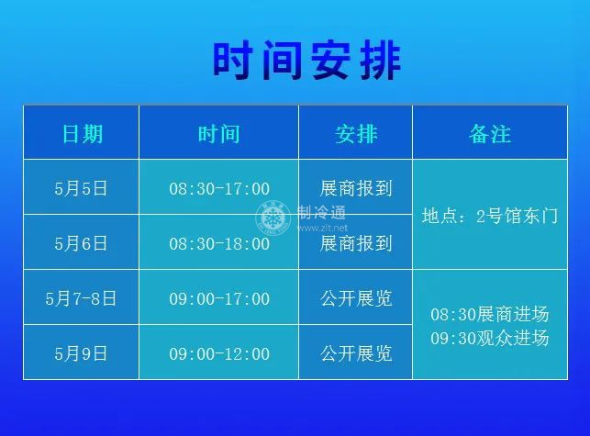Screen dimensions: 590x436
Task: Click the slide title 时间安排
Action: pos(306,61)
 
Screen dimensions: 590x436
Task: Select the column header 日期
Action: pos(82,134)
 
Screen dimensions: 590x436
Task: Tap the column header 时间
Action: pos(219,134)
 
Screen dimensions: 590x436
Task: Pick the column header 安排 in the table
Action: pos(356,134)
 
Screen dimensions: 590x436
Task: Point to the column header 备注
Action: pos(490,134)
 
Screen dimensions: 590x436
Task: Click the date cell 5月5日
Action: pos(81,188)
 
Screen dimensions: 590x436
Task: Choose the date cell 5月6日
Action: pos(81,243)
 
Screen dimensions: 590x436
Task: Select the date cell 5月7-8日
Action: pos(81,298)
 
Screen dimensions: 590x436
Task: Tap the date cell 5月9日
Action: pos(81,353)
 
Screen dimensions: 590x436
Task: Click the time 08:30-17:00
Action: pos(219,189)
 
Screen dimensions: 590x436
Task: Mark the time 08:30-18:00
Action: pos(219,244)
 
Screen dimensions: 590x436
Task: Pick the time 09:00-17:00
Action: pos(219,299)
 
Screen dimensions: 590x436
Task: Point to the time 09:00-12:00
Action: pos(219,354)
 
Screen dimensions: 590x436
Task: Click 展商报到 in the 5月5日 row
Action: pos(356,188)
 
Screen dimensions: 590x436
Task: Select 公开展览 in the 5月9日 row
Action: pos(356,353)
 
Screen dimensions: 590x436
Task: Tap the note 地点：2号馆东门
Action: pos(490,216)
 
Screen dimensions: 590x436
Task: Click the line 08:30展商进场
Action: pos(490,314)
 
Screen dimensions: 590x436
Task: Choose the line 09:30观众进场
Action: pos(490,338)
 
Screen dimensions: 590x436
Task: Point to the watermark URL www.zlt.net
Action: pos(322,228)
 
